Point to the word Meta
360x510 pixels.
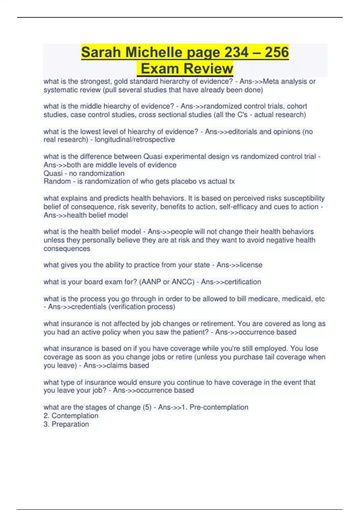pos(271,82)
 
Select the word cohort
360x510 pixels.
pos(297,106)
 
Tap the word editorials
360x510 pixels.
pos(245,131)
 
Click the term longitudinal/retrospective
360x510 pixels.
pos(135,140)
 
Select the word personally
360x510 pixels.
pos(98,240)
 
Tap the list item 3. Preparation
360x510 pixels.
pos(66,424)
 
